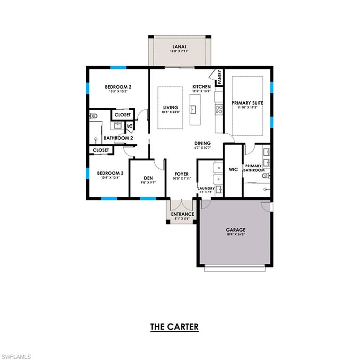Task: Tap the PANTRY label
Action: (219, 77)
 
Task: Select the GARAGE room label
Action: (236, 230)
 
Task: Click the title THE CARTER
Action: (174, 327)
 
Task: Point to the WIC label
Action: (233, 169)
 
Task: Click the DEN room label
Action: (148, 178)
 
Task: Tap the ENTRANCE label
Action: (182, 214)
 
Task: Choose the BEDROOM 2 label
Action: (118, 87)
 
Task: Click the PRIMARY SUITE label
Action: (247, 103)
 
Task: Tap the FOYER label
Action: (181, 174)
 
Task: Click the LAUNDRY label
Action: (206, 188)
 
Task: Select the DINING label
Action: (203, 143)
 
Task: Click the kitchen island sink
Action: (193, 109)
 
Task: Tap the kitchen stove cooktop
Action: (218, 109)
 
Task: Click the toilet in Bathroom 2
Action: (93, 115)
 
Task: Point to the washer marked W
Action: (218, 167)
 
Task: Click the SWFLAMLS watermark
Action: (16, 357)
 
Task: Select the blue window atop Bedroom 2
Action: (118, 67)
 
